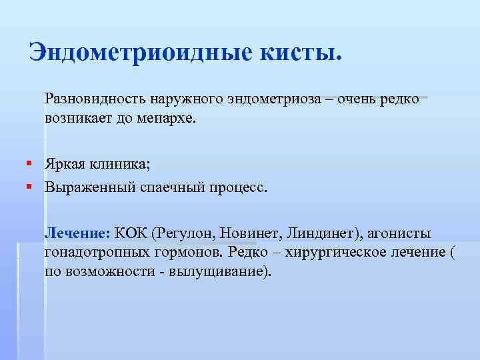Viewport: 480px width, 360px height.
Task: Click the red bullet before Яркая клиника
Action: tap(31, 163)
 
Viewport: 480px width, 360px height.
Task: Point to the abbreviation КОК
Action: tap(131, 233)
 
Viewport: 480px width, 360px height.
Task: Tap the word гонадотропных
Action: tap(89, 253)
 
